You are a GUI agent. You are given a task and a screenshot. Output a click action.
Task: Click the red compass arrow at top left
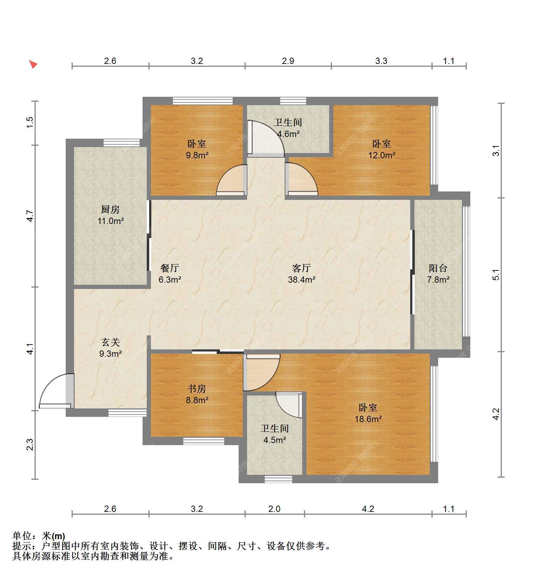[33, 64]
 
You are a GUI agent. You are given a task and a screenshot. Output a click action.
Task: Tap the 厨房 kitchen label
[110, 209]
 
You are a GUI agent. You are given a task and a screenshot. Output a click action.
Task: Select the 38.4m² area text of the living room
[302, 280]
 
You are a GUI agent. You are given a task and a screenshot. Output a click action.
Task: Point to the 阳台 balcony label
[438, 268]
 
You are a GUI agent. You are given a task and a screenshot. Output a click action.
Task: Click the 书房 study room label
[197, 389]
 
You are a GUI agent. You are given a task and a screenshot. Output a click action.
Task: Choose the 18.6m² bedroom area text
[368, 419]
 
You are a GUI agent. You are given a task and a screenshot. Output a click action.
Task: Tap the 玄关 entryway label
[111, 342]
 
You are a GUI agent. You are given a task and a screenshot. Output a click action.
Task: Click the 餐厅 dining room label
[170, 268]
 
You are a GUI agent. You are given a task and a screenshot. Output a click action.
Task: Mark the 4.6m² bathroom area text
[288, 133]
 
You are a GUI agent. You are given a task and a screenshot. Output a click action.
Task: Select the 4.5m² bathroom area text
[275, 440]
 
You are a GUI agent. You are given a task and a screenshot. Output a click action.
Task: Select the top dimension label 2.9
[288, 61]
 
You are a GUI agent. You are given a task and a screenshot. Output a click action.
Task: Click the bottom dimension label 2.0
[274, 509]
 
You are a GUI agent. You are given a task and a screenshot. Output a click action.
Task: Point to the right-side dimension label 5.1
[496, 275]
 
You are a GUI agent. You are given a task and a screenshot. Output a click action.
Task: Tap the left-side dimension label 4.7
[30, 216]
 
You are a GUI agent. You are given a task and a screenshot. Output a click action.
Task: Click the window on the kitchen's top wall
[122, 143]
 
